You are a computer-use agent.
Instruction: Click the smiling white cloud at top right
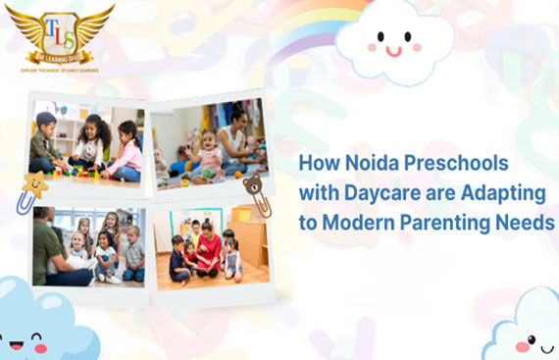click(x=394, y=39)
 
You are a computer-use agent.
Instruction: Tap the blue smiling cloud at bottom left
click(x=29, y=324)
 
